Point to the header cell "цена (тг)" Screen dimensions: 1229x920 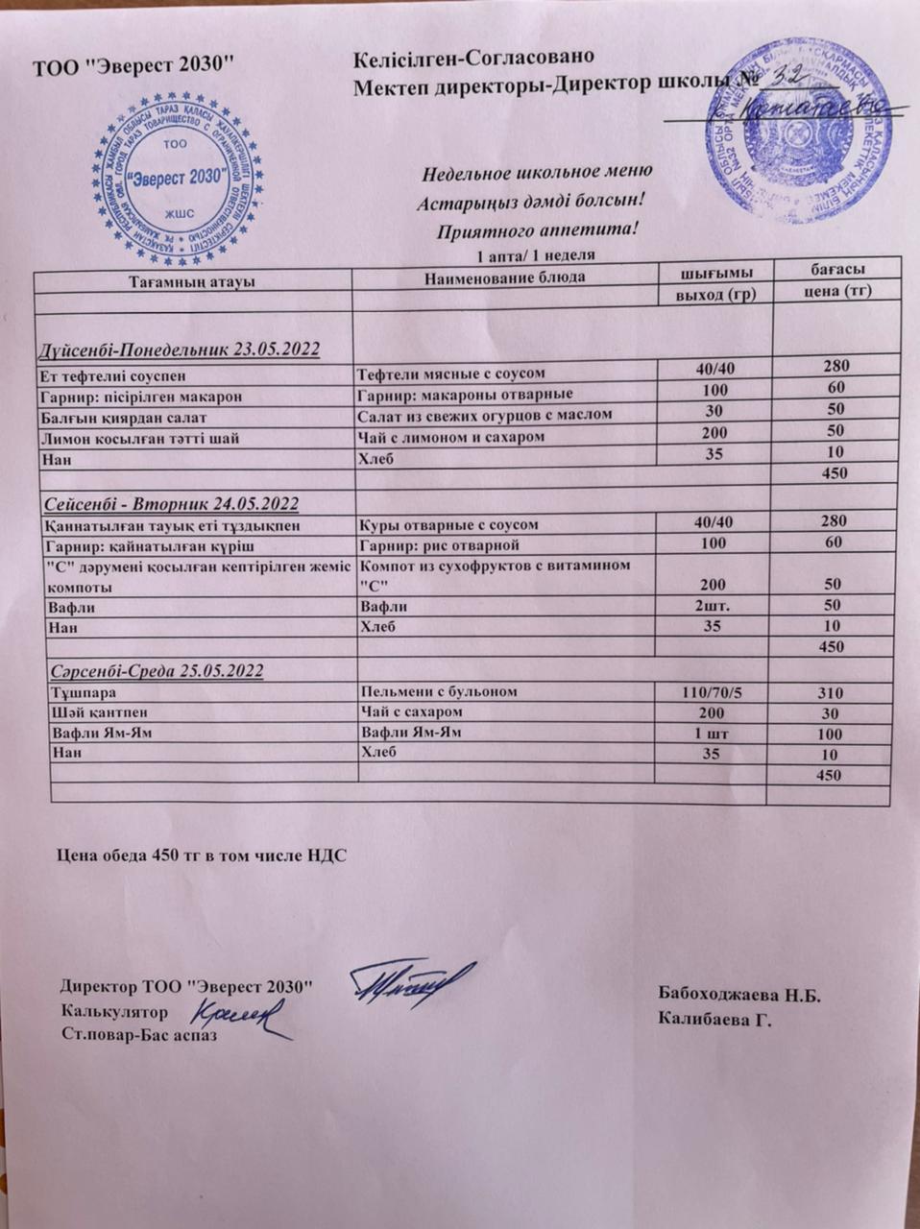point(835,290)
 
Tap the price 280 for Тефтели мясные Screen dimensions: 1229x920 point(835,366)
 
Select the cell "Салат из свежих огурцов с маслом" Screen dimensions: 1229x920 point(484,415)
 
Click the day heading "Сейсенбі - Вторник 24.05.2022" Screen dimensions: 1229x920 point(173,504)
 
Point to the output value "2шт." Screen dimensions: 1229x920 point(712,605)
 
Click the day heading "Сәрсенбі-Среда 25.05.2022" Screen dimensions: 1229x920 point(156,670)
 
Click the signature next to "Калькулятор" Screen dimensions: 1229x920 point(240,1016)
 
